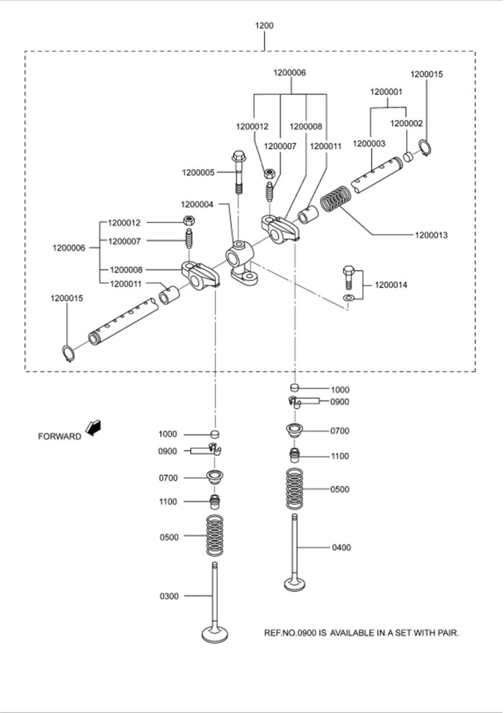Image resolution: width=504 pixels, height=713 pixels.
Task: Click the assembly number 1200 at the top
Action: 264,25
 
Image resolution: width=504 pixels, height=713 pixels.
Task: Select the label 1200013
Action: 431,235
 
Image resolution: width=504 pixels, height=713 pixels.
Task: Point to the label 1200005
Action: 198,173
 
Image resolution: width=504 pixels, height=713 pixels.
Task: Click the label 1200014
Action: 391,285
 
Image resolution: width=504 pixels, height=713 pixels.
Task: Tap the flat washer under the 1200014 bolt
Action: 348,297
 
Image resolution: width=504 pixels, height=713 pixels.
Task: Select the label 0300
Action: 169,596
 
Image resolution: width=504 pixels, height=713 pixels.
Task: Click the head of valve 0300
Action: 216,635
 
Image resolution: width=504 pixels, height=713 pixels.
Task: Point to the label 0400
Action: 342,548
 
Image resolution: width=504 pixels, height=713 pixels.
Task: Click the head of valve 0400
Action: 295,585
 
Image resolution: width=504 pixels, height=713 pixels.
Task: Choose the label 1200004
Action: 197,204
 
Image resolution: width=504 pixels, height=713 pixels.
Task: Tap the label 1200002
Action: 407,123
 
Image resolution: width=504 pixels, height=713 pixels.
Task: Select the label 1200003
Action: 369,144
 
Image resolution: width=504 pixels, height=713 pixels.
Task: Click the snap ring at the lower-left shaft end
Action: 68,353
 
